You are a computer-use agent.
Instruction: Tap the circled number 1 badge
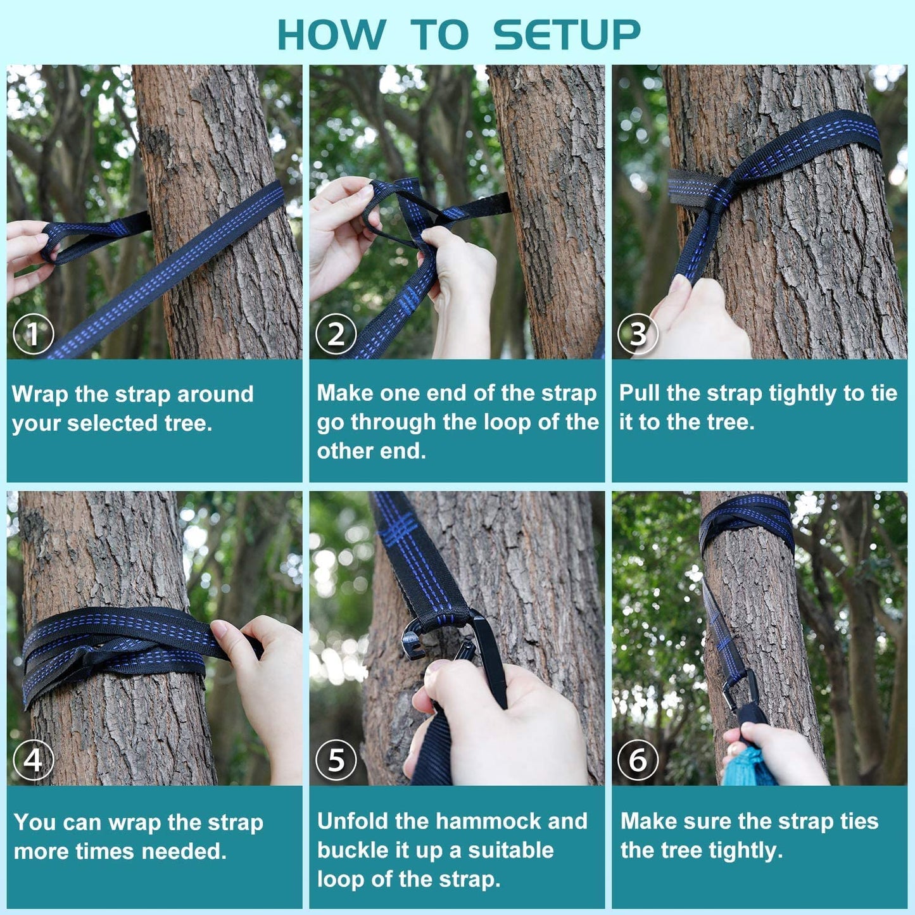(34, 334)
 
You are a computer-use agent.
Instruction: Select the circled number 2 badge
(336, 334)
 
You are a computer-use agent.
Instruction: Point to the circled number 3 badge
(638, 334)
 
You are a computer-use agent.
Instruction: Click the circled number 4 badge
(34, 760)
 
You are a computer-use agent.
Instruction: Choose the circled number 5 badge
(336, 760)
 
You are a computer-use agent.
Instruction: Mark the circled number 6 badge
(638, 760)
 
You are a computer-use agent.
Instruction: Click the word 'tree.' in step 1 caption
(188, 423)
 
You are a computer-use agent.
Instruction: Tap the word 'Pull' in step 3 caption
(640, 393)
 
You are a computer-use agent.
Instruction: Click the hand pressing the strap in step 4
(263, 671)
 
